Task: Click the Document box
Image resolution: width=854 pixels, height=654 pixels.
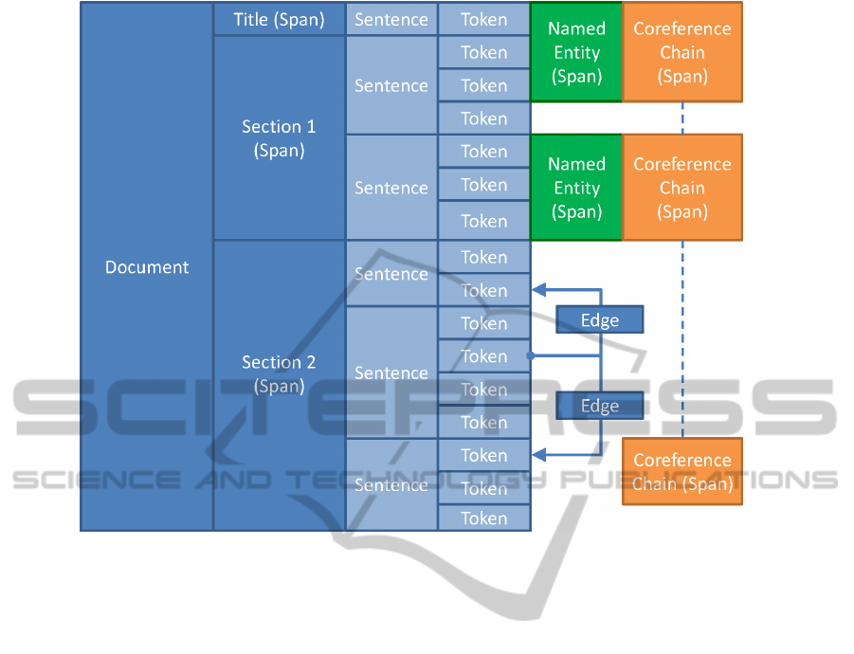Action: tap(146, 267)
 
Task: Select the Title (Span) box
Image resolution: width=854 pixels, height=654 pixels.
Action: tap(279, 19)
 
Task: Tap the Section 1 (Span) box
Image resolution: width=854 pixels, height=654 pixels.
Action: tap(279, 138)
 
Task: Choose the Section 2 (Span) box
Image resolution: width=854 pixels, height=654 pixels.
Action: tap(279, 374)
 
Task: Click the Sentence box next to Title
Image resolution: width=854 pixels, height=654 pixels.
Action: tap(391, 19)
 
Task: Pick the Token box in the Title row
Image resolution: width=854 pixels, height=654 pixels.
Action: tap(483, 19)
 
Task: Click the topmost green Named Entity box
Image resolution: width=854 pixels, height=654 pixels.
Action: tap(576, 52)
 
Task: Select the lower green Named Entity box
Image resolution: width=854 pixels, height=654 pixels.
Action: tap(576, 188)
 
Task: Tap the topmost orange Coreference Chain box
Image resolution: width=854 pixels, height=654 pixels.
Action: tap(682, 52)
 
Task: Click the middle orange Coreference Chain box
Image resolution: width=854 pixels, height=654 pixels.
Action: tap(682, 188)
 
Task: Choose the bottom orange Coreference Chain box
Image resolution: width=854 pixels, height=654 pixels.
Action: tap(682, 472)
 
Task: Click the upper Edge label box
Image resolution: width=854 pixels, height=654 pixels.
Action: tap(599, 320)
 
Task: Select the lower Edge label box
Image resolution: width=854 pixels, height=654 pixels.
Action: tap(599, 406)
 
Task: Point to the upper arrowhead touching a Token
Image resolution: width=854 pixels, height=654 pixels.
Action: tap(537, 289)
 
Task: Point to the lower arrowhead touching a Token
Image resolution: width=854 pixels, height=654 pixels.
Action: tap(537, 455)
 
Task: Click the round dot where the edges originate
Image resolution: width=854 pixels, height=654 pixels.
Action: tap(531, 356)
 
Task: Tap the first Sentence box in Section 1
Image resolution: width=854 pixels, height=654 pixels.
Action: tap(391, 85)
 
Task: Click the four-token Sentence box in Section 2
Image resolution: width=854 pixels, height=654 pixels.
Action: tap(391, 372)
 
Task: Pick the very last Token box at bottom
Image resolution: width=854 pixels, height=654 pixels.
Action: tap(483, 518)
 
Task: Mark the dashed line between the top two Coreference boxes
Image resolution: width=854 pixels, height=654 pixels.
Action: tap(682, 118)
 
